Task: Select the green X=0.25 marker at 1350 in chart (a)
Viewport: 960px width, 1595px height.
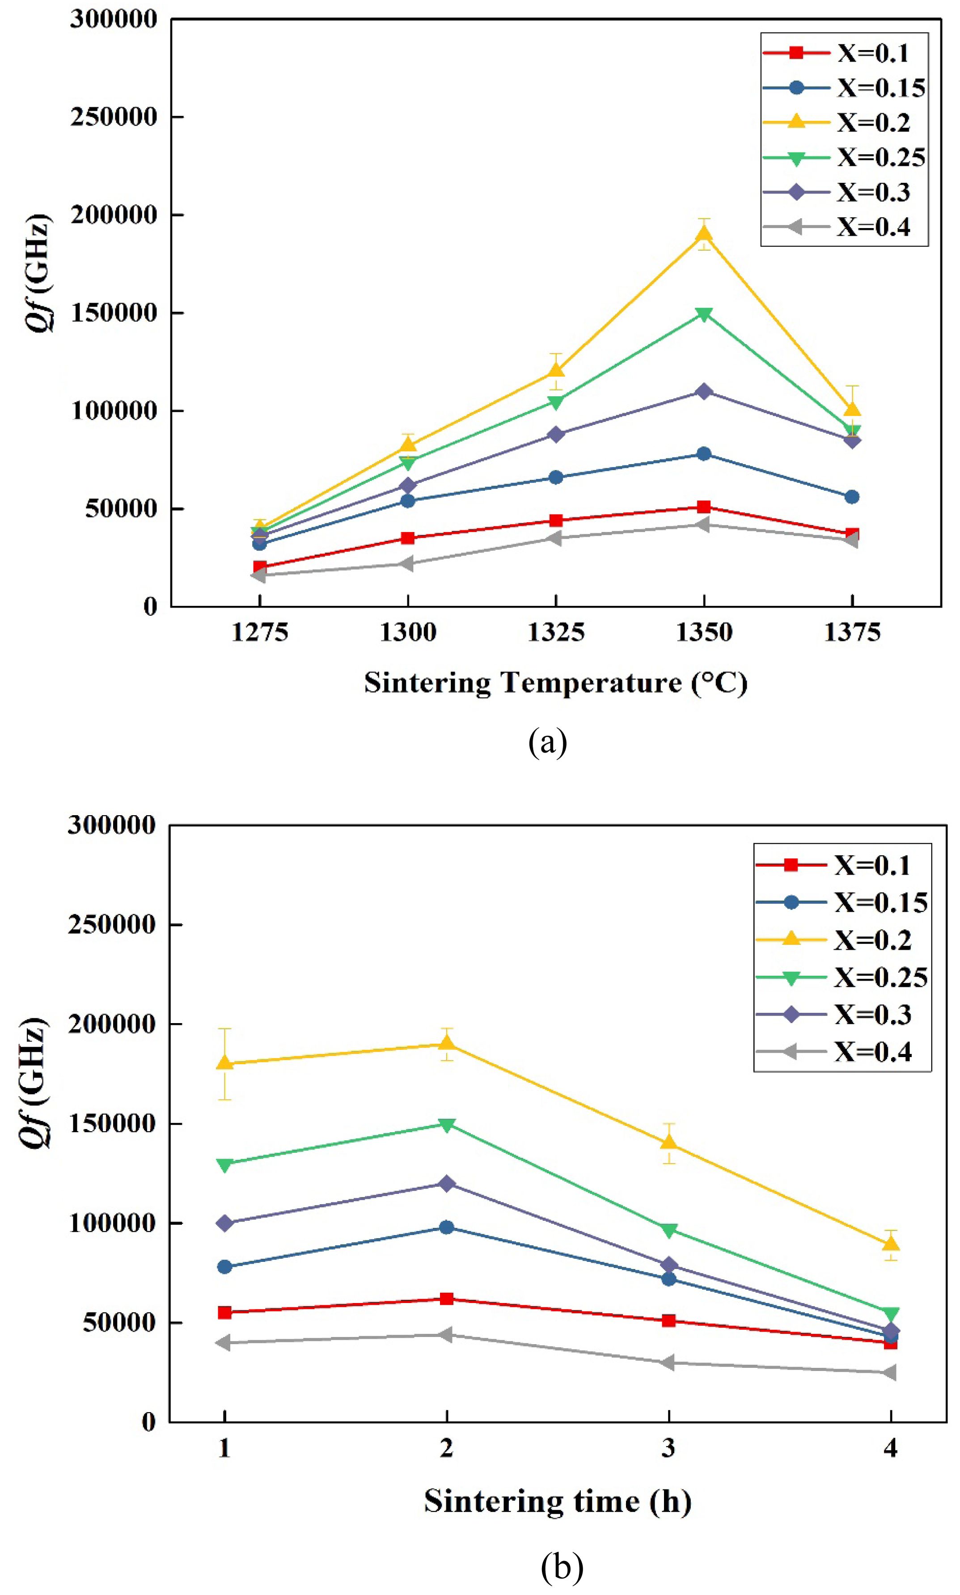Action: click(704, 314)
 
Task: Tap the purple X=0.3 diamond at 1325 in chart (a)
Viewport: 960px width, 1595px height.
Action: click(556, 434)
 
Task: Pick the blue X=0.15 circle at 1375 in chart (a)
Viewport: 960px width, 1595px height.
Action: click(852, 497)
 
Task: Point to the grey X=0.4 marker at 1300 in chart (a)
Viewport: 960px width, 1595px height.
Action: click(407, 563)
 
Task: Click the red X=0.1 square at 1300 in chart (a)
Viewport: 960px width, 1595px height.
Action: click(407, 538)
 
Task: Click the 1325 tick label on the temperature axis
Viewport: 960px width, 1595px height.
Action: click(556, 632)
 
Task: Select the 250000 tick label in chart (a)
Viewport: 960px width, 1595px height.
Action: click(114, 117)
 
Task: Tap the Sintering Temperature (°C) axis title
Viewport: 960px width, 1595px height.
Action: click(555, 682)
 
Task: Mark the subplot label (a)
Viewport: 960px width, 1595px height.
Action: click(548, 742)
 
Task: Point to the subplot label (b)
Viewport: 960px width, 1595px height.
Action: click(562, 1566)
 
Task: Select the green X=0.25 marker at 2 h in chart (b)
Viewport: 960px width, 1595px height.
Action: click(446, 1125)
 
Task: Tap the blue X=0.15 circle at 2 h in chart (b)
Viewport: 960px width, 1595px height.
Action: click(446, 1227)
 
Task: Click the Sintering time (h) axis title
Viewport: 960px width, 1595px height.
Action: click(558, 1501)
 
